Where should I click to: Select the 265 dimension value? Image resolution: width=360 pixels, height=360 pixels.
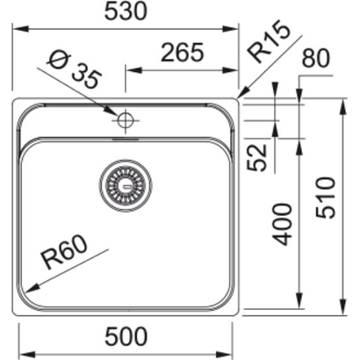tap(182, 53)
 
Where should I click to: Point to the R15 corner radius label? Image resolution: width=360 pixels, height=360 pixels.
tap(268, 43)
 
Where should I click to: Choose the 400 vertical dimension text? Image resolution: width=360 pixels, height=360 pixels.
tap(282, 223)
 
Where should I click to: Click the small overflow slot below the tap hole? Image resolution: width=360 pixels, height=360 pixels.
tap(126, 137)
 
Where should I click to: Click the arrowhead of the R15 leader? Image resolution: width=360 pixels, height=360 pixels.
tap(240, 96)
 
